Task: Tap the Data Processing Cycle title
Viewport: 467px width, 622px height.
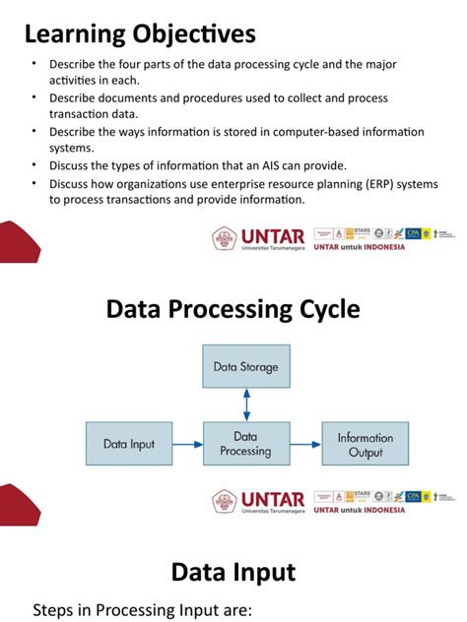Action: pos(233,310)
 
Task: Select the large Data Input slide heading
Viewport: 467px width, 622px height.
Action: pos(233,573)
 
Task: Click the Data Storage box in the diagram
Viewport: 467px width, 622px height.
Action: pos(245,367)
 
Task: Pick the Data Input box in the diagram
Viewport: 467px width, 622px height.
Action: pos(129,444)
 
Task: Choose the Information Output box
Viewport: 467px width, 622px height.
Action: pos(365,445)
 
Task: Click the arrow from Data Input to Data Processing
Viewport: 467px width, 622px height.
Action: pos(186,444)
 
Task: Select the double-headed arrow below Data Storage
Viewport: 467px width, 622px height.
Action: pos(246,404)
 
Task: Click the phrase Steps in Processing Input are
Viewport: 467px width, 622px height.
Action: pos(143,609)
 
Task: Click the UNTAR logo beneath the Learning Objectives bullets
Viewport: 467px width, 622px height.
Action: pos(258,238)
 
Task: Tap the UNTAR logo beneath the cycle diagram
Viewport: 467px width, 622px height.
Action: pos(258,501)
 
